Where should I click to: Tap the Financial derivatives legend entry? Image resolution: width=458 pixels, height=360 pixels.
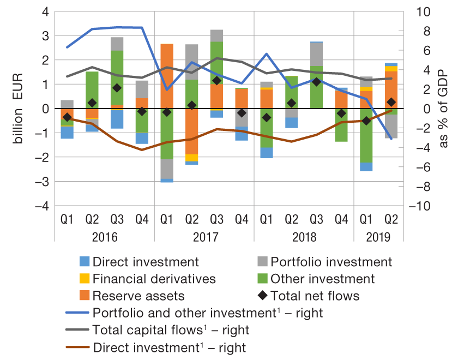(154, 279)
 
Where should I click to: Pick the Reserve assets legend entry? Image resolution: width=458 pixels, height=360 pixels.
(138, 296)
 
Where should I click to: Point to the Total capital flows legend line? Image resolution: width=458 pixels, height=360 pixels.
(76, 330)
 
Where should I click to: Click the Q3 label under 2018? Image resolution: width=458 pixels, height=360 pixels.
(316, 220)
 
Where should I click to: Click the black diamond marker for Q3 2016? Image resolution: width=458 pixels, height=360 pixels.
(117, 88)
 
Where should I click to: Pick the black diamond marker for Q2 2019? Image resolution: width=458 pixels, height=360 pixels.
(391, 102)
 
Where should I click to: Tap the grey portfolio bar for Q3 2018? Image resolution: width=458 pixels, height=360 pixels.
(316, 54)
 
